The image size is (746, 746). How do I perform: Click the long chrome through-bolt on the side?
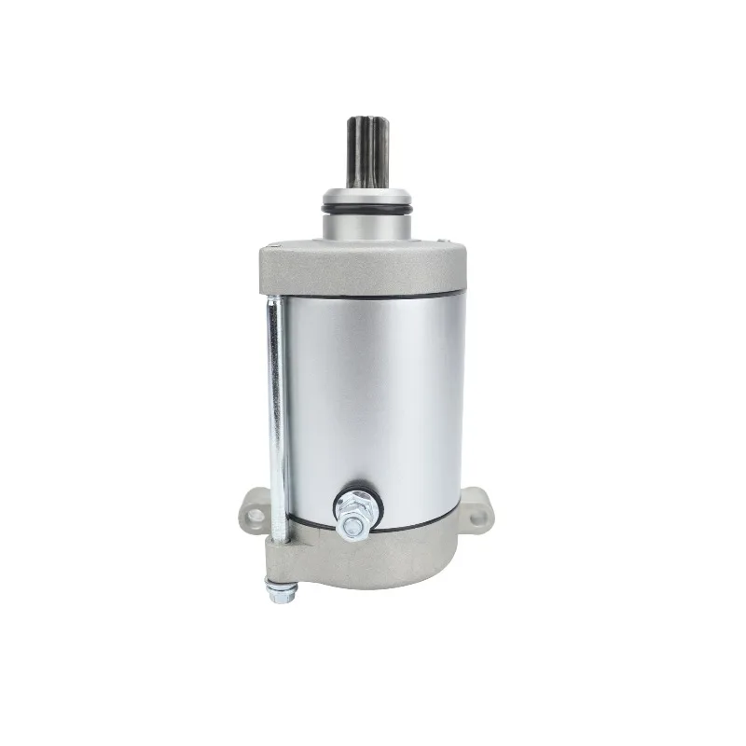275,420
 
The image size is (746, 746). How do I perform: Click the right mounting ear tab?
477,514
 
